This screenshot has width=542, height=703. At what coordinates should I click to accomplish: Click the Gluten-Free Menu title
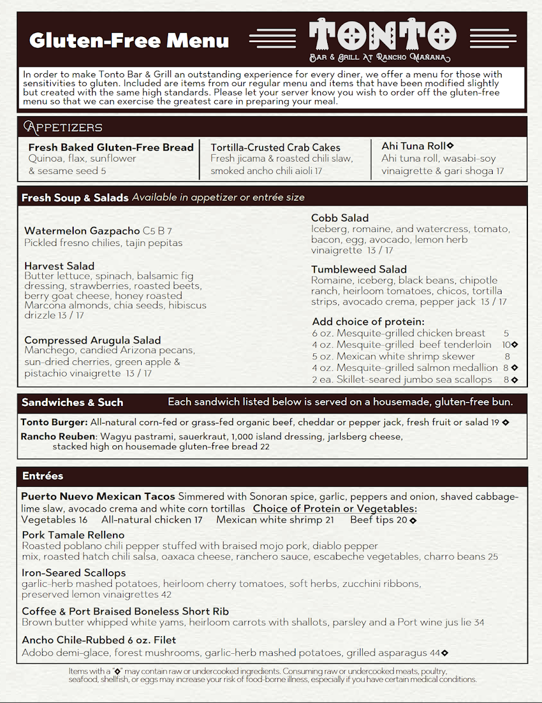click(x=129, y=40)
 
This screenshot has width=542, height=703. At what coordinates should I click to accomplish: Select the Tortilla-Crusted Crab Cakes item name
click(x=275, y=148)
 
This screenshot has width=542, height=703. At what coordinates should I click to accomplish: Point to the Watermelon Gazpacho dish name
click(x=82, y=231)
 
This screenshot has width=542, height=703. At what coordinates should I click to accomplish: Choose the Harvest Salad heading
click(x=59, y=266)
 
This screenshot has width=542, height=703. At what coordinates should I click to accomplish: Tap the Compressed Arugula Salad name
click(x=92, y=340)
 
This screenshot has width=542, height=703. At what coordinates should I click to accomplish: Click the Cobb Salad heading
click(x=339, y=218)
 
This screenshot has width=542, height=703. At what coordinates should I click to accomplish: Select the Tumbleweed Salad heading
click(x=359, y=269)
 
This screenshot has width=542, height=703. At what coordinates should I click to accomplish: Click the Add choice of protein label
click(x=368, y=322)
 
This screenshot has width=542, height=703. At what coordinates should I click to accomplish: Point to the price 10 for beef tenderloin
click(x=506, y=345)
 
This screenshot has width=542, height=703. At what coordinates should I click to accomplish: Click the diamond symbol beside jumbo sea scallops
click(x=514, y=380)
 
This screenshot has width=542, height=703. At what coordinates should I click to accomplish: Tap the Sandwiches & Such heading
click(x=72, y=402)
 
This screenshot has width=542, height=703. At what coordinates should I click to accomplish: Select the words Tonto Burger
click(x=54, y=422)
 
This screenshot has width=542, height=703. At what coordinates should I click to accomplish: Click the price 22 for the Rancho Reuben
click(x=265, y=447)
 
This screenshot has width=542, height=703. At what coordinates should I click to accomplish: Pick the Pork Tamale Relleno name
click(x=73, y=535)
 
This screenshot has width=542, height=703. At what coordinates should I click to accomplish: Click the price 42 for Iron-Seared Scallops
click(x=166, y=595)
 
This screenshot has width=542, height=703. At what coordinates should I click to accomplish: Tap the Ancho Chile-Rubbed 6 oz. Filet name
click(x=99, y=640)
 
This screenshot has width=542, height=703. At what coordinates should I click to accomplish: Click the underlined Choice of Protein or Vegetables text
click(x=335, y=509)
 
